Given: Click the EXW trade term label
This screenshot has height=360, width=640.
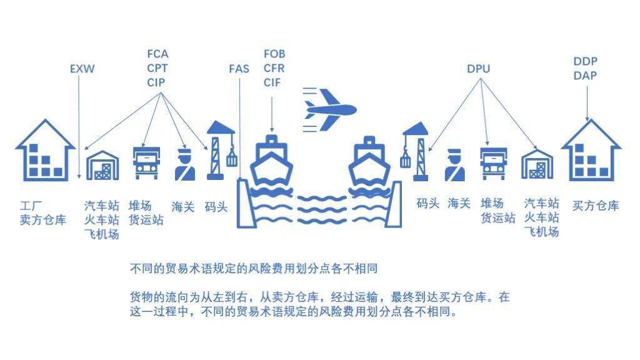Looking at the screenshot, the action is point(82,69).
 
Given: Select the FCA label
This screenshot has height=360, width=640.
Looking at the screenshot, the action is point(157,54).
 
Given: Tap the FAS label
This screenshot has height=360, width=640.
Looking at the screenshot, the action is point(239,69).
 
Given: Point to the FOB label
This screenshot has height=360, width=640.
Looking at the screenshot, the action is point(274,54).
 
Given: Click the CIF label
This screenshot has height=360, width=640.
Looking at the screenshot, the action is point(272,82).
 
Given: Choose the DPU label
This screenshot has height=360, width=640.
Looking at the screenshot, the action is point(478,69).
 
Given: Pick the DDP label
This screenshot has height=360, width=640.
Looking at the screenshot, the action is point(585,61).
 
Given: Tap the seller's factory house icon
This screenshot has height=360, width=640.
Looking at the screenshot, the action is point(45,150).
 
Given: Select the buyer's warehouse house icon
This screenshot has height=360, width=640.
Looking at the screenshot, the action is point(591,150).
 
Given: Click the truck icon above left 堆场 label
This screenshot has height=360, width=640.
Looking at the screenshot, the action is point(146,163).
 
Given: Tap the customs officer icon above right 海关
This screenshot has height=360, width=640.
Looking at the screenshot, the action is point(455,165).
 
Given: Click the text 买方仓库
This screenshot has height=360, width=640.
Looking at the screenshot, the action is point(596,205).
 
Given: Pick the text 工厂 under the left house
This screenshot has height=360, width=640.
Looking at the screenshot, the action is point(31,205).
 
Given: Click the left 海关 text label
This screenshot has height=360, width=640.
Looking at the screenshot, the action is point(183,206).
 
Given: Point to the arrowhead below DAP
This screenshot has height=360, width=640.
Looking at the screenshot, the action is point(587,119).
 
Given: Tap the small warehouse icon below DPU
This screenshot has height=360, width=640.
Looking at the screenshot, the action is point(537,164).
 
